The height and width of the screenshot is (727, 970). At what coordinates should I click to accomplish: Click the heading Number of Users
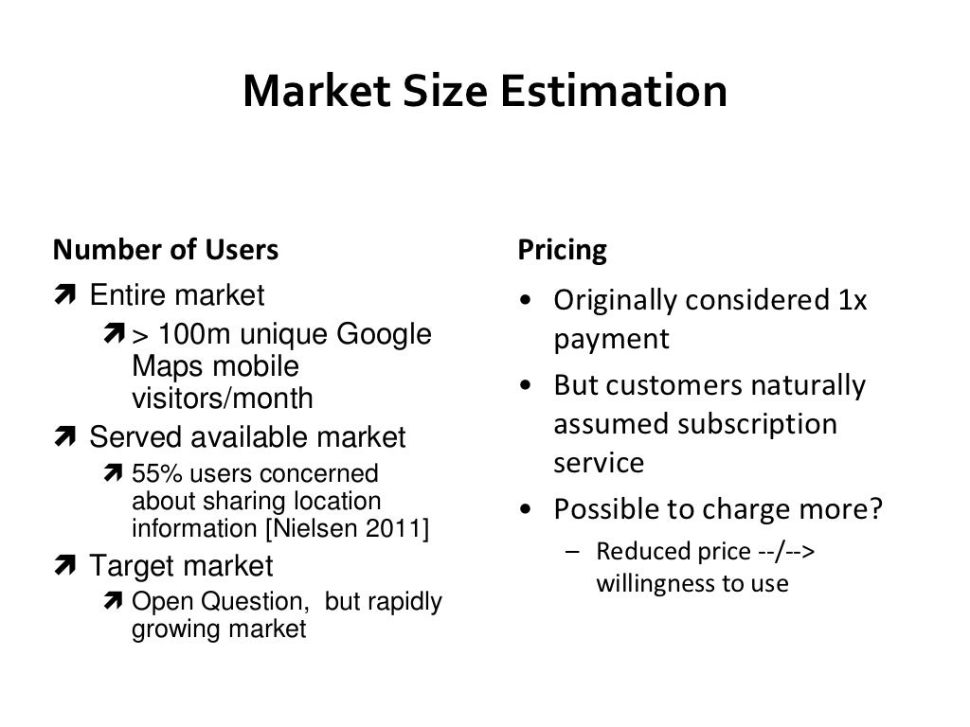click(166, 250)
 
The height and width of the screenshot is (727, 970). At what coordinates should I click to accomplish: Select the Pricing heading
click(562, 250)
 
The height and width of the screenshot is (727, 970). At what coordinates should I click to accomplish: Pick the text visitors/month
click(222, 399)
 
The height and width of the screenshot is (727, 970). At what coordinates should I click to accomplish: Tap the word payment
click(612, 339)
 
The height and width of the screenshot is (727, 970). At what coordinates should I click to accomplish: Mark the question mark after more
click(875, 509)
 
